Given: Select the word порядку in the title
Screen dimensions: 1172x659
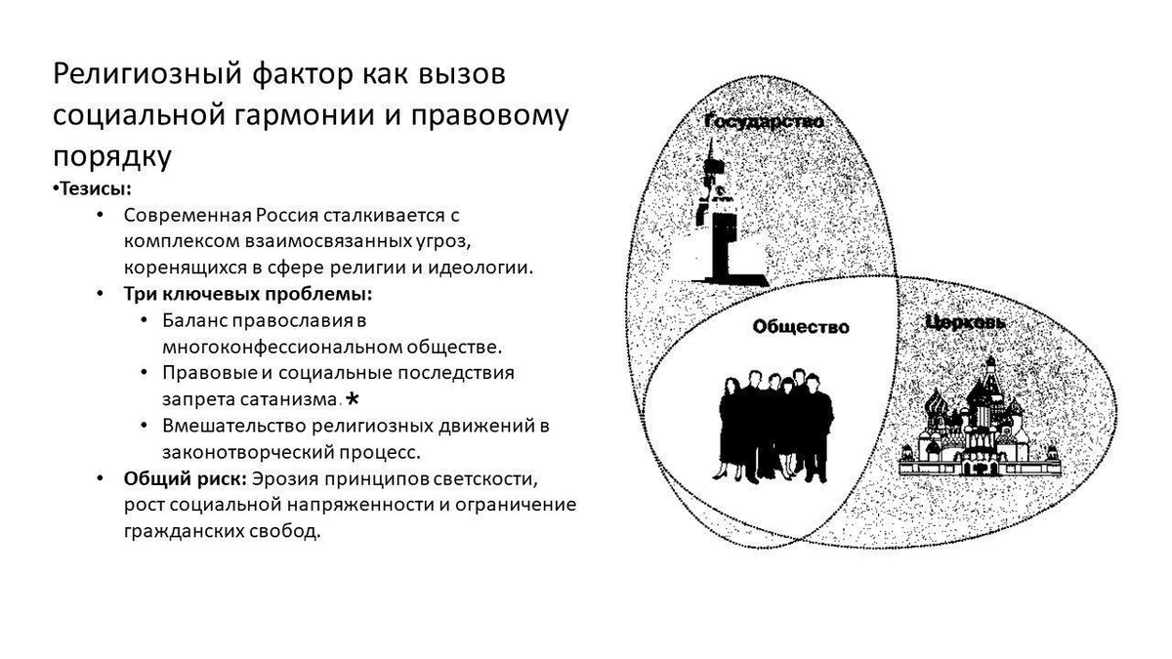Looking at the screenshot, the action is tap(112, 155).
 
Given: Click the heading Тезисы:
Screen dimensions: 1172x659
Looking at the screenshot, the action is tap(95, 188).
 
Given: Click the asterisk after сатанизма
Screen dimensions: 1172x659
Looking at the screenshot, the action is tap(353, 398).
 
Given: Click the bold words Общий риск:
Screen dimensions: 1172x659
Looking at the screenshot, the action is tap(185, 479).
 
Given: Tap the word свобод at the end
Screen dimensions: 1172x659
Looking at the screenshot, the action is tap(290, 533).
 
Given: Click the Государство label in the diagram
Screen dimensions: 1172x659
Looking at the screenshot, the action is tap(765, 122).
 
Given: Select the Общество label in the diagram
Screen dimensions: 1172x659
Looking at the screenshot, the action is tap(801, 327).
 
